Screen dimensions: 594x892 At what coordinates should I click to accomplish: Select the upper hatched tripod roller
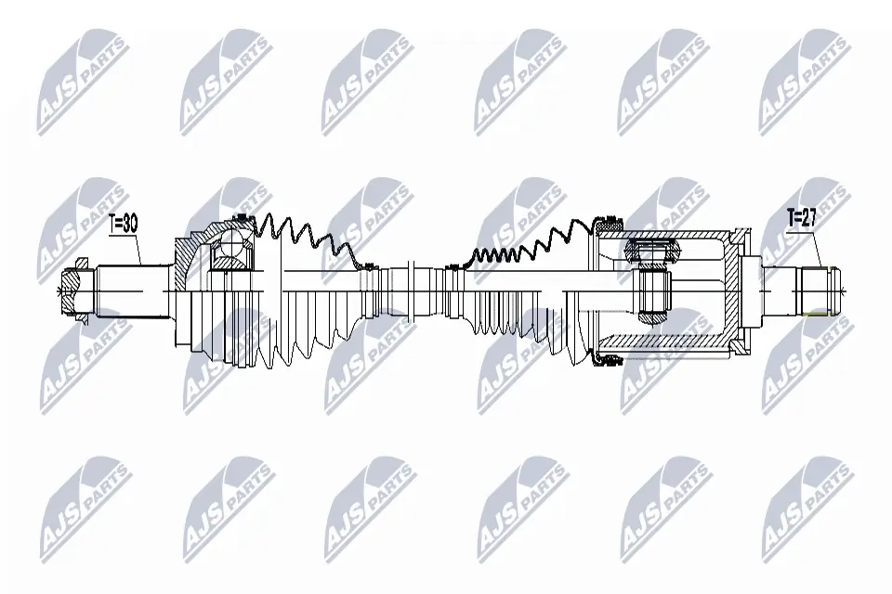[647, 251]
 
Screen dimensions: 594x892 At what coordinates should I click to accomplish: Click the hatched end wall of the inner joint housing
[740, 292]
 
